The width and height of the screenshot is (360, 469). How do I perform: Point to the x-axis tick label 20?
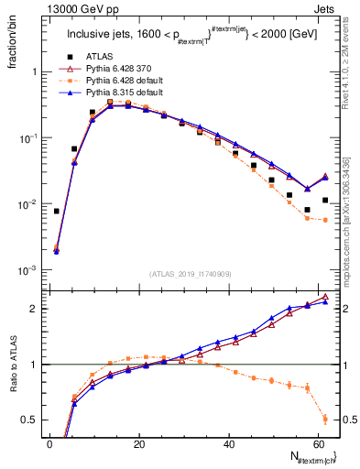pos(138,444)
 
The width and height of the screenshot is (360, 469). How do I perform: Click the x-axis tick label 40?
pos(229,444)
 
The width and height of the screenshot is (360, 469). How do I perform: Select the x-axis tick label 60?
pos(319,444)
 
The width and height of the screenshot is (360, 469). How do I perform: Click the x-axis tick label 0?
pos(49,444)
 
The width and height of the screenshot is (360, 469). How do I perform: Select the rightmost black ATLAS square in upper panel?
pos(325,200)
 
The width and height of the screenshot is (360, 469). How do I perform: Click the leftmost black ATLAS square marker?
pos(57,212)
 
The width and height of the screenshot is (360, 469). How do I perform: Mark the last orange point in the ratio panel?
pos(325,419)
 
